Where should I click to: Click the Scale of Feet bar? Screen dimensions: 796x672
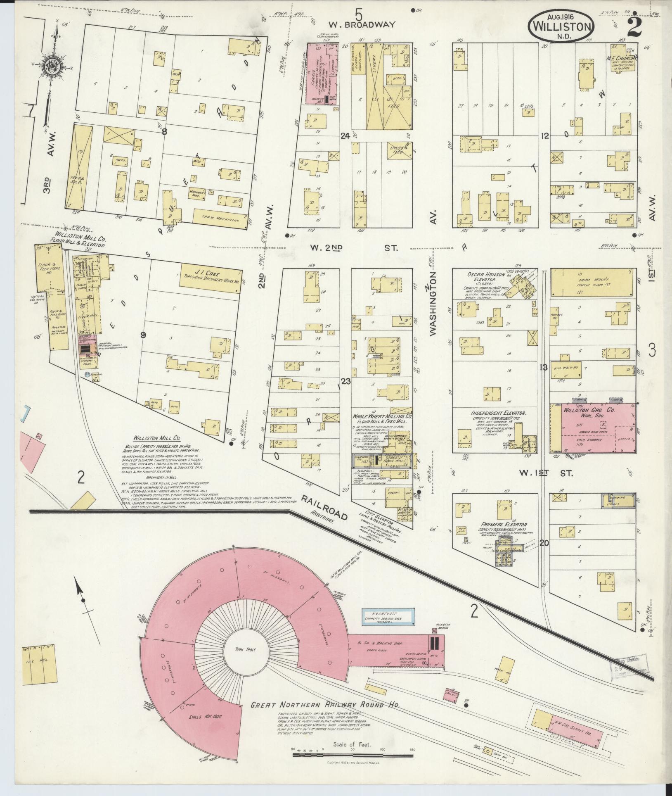[353, 754]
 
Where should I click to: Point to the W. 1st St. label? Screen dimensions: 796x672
[546, 473]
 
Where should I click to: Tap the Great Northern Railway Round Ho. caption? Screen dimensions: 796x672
[325, 705]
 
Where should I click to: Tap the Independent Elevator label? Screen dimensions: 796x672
[499, 413]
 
